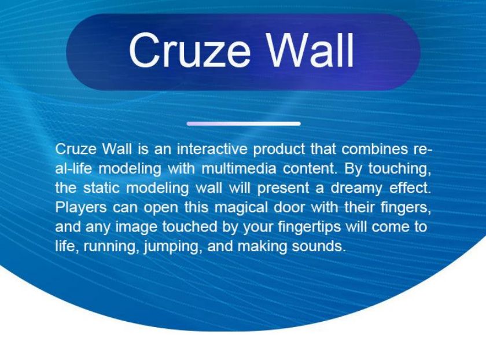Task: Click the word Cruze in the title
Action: click(x=190, y=50)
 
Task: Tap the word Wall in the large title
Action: click(x=311, y=50)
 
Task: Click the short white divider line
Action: click(x=244, y=124)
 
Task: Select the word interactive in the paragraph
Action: click(x=212, y=149)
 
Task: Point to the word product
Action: click(x=279, y=150)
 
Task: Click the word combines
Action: click(x=375, y=149)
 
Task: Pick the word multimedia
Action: click(x=238, y=168)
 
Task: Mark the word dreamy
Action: click(x=356, y=189)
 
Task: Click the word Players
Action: click(x=81, y=207)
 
